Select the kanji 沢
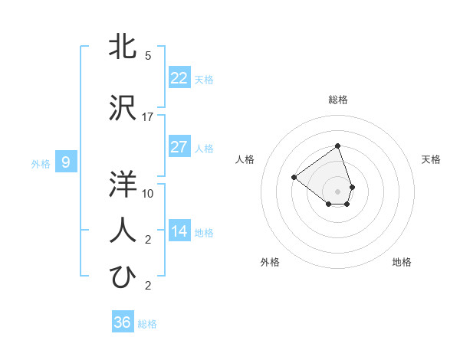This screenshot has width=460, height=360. coord(123,107)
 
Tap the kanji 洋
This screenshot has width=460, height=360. coord(123,184)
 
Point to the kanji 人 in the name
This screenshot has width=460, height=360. coord(123,229)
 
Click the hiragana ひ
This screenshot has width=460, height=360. coord(123,276)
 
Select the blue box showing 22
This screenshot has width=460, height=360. coord(179,78)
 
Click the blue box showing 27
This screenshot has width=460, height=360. coord(179,147)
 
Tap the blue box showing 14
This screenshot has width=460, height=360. coord(179,231)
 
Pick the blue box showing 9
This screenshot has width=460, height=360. coord(66,162)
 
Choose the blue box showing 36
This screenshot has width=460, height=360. coord(123,322)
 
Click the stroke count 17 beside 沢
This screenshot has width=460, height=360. coord(148,116)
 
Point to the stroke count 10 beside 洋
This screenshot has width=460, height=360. coord(148,193)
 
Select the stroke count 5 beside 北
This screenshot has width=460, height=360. coord(148,56)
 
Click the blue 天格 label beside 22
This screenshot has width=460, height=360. coord(204,80)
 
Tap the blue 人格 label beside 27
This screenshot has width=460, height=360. coord(204,149)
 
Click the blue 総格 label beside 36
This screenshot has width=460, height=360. coord(147,324)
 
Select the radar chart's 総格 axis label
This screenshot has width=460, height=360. coord(338,100)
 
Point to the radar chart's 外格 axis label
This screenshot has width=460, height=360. coord(270,262)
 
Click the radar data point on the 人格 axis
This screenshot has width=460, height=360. coord(294,177)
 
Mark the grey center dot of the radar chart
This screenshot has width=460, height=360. coord(338,191)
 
